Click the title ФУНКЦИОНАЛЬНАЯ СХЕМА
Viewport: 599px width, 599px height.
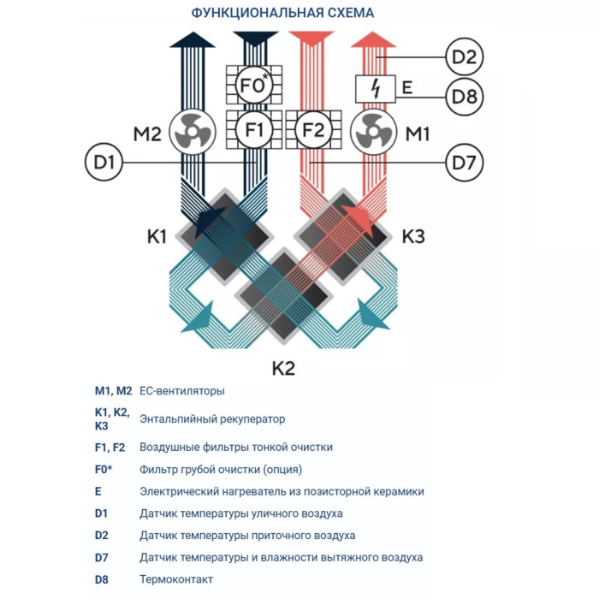pos(282,13)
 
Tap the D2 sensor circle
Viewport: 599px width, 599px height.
pos(463,59)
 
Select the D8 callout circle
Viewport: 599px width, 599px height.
pos(463,96)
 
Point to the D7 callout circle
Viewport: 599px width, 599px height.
pos(463,161)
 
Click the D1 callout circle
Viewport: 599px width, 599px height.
pos(104,161)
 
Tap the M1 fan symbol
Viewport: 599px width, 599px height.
pos(372,133)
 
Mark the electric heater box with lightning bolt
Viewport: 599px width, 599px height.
pos(374,88)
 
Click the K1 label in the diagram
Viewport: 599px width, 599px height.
pos(156,236)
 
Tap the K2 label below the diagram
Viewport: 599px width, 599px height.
pos(283,369)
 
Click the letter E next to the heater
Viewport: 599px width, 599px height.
pos(407,87)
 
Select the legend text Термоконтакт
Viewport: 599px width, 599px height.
pos(176,580)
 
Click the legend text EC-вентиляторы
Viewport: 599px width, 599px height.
pos(182,391)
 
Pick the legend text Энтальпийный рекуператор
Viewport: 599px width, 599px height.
pos(212,419)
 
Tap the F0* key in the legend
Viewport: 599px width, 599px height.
pos(104,470)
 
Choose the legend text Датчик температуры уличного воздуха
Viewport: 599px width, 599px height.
pos(241,513)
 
